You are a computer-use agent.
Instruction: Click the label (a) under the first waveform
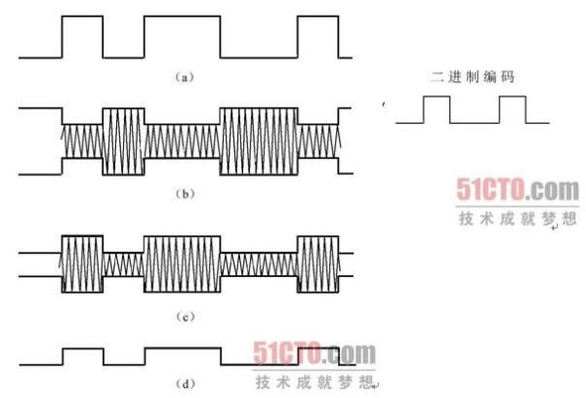coord(185,77)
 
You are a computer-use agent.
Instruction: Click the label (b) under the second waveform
coord(185,194)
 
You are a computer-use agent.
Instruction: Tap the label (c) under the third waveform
coord(185,317)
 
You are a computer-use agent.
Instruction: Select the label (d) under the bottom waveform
coord(185,383)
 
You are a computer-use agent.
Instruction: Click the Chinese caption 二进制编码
coord(473,77)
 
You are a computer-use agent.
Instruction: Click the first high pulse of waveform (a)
coord(82,16)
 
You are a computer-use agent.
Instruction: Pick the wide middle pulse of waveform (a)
coord(182,16)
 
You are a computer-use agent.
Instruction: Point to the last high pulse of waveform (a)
coord(318,16)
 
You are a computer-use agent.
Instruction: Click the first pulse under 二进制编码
coord(437,97)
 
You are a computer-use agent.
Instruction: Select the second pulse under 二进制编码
coord(513,97)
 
